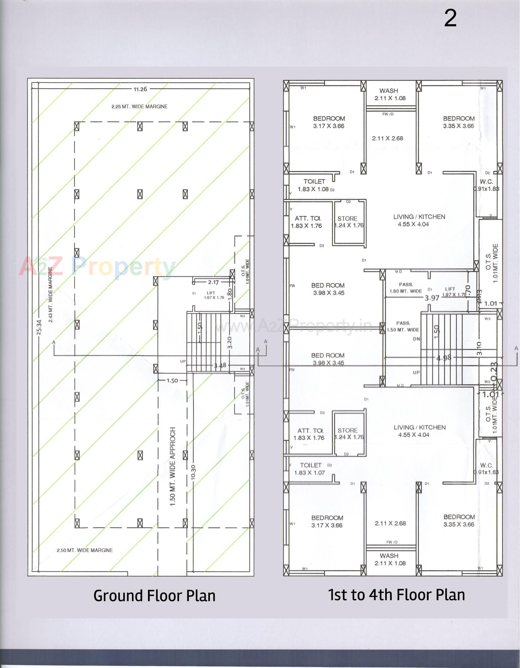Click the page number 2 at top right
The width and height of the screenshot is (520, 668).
450,19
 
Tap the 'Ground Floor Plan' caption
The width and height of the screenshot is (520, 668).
154,596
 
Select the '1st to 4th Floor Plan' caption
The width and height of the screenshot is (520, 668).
396,595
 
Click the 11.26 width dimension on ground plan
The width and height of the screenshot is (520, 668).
140,89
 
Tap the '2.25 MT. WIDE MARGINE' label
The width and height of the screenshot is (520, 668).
140,107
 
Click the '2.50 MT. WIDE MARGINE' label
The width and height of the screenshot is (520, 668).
85,550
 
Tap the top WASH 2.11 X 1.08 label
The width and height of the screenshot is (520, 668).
389,94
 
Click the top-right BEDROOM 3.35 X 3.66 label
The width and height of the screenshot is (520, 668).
459,122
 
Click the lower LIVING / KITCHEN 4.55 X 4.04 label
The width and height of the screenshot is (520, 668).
419,431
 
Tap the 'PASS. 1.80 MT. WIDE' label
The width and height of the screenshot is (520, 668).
406,288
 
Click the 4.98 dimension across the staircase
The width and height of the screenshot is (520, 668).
444,358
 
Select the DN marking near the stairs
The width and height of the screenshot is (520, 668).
416,339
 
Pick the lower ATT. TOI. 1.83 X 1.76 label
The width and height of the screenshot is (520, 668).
309,434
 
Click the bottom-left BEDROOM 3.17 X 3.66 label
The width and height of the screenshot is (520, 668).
327,521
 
